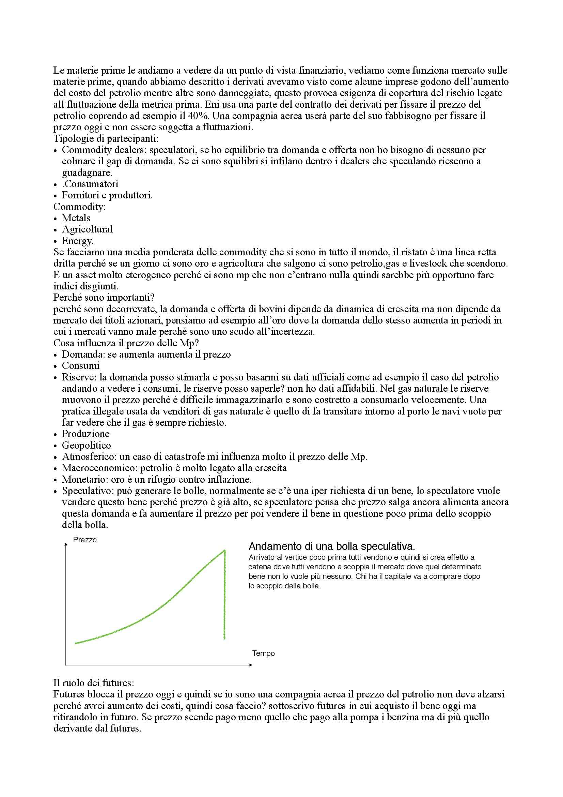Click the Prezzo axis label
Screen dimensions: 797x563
tap(85, 540)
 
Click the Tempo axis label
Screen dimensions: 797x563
tap(263, 653)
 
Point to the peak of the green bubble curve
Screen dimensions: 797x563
tap(225, 550)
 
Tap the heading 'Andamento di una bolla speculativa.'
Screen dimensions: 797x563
tap(332, 546)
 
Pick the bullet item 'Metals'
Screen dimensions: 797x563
tap(76, 218)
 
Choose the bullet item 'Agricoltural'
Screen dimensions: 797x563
tap(87, 229)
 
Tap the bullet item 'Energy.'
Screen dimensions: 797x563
tap(78, 241)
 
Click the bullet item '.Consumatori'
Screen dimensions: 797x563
tap(90, 184)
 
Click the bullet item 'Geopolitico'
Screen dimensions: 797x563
tap(87, 445)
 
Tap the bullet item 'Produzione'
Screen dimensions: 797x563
tap(85, 434)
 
